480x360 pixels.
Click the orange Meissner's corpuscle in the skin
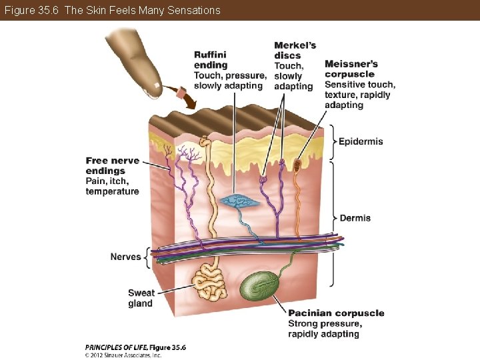click(x=297, y=161)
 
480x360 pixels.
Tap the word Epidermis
click(x=361, y=141)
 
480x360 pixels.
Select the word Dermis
click(x=355, y=218)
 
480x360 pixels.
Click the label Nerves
click(x=125, y=257)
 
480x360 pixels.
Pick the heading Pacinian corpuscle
click(x=336, y=313)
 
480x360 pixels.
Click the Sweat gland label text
click(x=141, y=298)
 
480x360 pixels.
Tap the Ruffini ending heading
click(x=211, y=60)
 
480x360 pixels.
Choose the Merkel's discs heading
click(x=295, y=51)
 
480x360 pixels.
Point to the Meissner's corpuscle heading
click(x=351, y=69)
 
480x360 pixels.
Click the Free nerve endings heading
click(x=112, y=166)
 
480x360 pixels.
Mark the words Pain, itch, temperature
click(x=112, y=186)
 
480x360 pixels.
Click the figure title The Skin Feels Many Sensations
click(x=111, y=10)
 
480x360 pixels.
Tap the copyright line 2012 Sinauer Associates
click(x=123, y=355)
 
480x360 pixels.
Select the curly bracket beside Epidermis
click(x=333, y=141)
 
